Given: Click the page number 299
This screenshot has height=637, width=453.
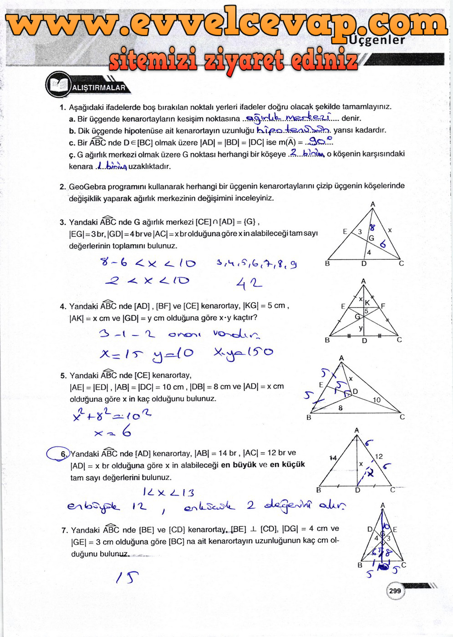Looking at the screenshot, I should pos(395,591).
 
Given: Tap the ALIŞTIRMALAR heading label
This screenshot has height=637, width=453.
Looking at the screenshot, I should pos(98,88).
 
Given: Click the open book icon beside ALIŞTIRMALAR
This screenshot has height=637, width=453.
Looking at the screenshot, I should pos(58,85).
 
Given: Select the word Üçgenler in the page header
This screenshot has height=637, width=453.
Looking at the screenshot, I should pos(377,40).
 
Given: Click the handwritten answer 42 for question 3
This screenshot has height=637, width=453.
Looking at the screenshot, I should pos(249,283).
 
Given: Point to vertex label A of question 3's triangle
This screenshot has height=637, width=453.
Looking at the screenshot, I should pos(373,204).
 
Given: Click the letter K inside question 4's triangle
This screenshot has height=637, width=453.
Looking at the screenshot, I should pos(367,303).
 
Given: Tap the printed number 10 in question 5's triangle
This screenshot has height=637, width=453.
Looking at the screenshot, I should pos(377,400).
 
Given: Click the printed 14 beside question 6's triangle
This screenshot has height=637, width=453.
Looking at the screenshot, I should pos(333,458).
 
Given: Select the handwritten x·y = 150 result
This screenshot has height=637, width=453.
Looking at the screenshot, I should pos(244,353).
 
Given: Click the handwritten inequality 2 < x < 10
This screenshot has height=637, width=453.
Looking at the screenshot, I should pos(147,280).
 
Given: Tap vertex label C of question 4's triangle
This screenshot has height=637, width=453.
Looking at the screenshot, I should pos(399,340).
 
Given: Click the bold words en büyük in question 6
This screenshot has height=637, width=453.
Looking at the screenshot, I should pos(239,465).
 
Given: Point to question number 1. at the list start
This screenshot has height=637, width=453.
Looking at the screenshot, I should pos(63,107).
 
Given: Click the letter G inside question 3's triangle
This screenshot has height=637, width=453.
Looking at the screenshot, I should pos(372,238).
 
